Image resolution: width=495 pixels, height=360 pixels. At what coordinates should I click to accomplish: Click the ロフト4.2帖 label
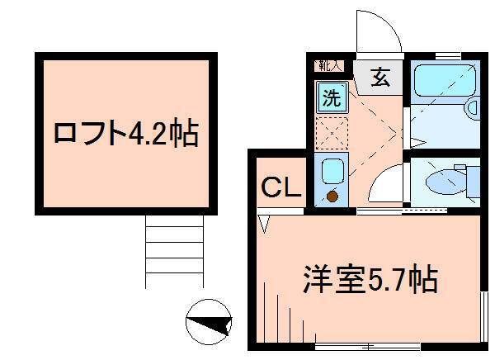click(126, 133)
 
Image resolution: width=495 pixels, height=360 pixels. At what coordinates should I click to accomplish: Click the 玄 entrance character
click(380, 79)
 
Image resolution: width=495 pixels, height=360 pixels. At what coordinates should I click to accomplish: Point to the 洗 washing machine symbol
click(331, 97)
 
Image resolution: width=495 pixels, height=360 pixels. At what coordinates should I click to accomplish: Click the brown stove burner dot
click(332, 197)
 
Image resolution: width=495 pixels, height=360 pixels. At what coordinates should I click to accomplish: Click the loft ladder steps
click(174, 253)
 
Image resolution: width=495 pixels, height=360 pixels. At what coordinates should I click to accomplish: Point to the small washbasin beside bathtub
click(473, 107)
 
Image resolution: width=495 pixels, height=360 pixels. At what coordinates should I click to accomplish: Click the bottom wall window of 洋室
click(363, 346)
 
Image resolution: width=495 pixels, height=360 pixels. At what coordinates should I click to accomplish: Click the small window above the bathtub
click(448, 54)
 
